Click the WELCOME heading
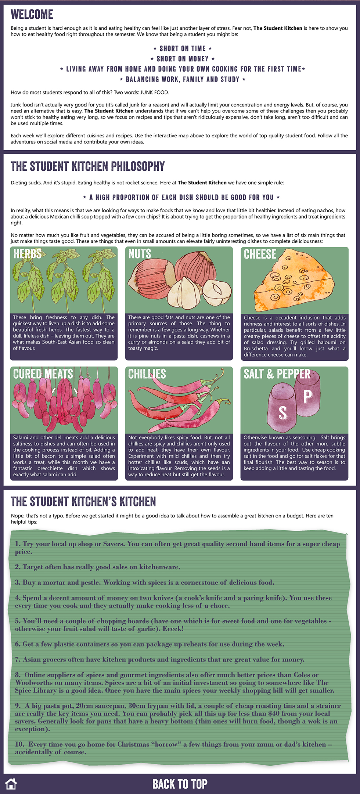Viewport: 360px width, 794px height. point(32,14)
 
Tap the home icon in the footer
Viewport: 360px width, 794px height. point(11,783)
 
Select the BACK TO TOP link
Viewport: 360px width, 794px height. point(180,784)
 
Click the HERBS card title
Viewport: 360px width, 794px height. point(27,254)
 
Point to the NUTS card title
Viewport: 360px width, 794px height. point(140,254)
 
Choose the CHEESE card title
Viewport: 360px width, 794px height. point(260,254)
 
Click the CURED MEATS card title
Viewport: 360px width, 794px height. point(43,374)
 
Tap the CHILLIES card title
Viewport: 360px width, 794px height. point(147,374)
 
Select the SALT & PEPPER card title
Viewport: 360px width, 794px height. point(277,374)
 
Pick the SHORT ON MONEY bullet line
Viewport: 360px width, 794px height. point(183,59)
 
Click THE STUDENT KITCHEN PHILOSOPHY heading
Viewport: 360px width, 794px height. point(88,166)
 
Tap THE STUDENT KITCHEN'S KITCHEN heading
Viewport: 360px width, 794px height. point(83,502)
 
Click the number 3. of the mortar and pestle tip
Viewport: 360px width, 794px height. point(18,582)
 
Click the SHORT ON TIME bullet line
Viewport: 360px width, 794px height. point(183,48)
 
